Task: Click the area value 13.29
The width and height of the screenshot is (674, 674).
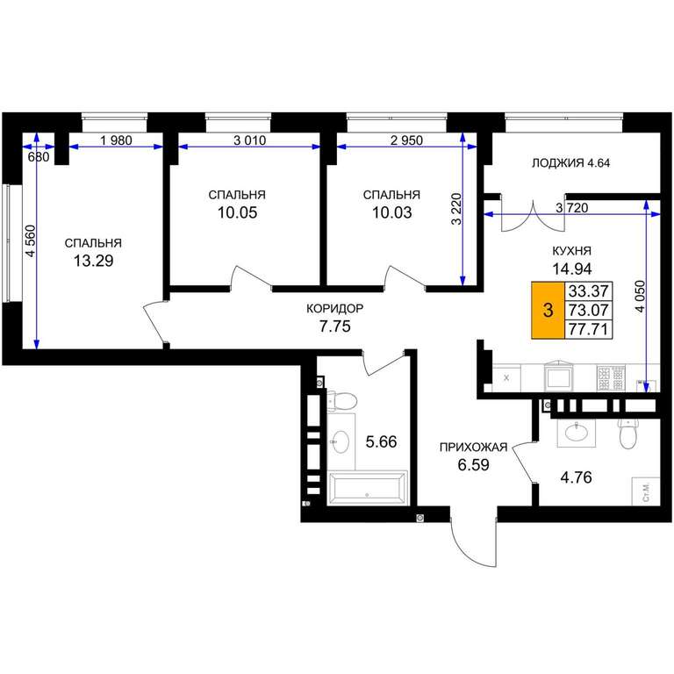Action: point(93,261)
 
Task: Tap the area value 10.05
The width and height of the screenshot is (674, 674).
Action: point(237,212)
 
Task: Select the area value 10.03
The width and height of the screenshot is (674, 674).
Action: point(392,212)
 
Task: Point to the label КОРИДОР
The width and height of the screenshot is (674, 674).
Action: point(335,308)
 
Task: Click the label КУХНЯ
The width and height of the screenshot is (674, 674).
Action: point(571,251)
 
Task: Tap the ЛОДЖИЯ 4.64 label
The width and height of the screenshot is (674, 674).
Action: point(570,163)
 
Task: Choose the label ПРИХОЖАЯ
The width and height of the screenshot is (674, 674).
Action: point(473,448)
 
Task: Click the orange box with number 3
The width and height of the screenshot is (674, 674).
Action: point(548,310)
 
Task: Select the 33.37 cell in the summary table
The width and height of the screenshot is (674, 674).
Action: point(589,291)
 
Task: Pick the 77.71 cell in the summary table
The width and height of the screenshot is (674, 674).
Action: point(589,329)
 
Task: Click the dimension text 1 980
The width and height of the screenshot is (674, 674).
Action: point(116,140)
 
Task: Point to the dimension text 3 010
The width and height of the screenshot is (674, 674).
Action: point(250,140)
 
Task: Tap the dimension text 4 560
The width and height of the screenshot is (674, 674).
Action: point(31,241)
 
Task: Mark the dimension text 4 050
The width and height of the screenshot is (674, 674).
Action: point(640,297)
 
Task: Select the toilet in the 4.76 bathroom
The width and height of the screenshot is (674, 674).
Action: point(628,434)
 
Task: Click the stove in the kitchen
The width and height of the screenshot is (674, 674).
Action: point(611,378)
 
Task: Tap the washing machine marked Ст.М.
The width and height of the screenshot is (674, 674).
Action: point(646,491)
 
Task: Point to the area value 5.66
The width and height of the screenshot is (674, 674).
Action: point(381,442)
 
